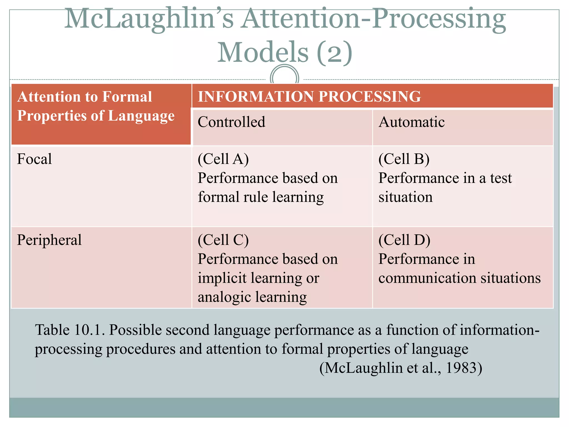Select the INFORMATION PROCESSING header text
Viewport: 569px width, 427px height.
309,96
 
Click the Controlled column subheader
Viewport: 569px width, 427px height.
231,122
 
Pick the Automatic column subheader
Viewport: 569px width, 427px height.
411,122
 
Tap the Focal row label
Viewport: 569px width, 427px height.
34,159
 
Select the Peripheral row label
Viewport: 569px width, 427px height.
49,240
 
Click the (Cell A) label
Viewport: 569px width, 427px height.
223,159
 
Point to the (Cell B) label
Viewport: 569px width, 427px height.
404,159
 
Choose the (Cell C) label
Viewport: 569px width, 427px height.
223,240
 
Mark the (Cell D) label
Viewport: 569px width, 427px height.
404,240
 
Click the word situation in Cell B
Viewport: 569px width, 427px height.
405,197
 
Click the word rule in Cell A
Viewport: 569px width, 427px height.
255,197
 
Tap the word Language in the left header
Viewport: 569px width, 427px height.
141,116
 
